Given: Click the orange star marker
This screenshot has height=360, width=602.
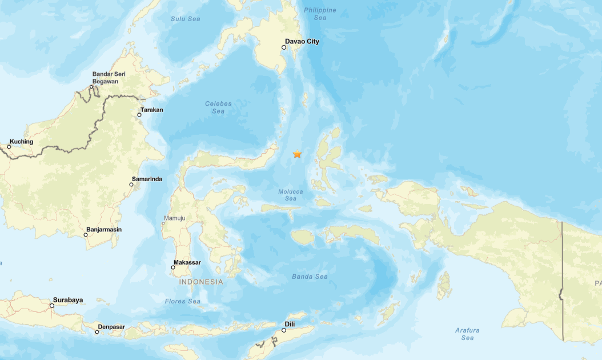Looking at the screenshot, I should (x=297, y=154).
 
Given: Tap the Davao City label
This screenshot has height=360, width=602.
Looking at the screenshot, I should (x=302, y=42).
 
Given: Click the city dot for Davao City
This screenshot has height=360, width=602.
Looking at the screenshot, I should (x=284, y=47).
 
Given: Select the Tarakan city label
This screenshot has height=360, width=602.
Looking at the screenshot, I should (x=151, y=110).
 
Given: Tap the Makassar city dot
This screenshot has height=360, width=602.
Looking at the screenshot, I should (x=173, y=267).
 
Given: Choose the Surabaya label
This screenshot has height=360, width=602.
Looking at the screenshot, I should (x=68, y=300).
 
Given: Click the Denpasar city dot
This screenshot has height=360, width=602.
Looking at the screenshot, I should (x=97, y=332).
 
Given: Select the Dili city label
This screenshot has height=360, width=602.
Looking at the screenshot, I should (x=290, y=325).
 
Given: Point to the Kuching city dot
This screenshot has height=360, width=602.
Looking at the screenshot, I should (x=9, y=147).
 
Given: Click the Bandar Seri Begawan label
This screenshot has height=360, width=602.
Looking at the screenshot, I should (x=109, y=78).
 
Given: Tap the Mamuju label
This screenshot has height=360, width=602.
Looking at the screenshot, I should (x=175, y=218).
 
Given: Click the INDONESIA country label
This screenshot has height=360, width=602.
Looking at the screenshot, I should (x=201, y=282).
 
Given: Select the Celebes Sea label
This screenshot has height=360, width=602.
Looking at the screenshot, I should (x=218, y=107).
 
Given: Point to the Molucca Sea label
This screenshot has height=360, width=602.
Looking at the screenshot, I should (x=291, y=195).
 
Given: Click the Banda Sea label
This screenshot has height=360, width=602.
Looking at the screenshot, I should (x=310, y=277).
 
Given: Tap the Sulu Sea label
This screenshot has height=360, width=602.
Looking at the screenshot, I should (x=186, y=19).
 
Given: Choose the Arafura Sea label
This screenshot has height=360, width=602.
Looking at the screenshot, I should (x=467, y=334).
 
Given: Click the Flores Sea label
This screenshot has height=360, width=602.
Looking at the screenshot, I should (x=182, y=301).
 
